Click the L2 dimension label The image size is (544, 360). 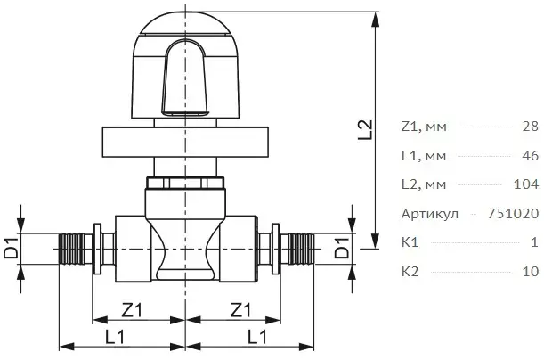pos(365,130)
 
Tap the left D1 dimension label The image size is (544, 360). pos(11,249)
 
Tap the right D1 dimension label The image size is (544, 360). pos(343,249)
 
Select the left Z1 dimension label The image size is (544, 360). pos(132,310)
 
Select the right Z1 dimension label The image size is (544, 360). pos(240,310)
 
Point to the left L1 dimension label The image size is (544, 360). pos(115,337)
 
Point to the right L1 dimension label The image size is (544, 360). pos(257,337)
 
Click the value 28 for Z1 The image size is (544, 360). pos(531,127)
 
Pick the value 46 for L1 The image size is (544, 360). pos(531,156)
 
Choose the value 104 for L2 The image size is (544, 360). pos(526,184)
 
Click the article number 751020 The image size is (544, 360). pos(514,213)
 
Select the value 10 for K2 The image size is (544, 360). pos(531,271)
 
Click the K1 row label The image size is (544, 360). pos(410,242)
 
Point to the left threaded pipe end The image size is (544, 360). pos(72,249)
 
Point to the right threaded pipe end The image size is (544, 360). pos(301,249)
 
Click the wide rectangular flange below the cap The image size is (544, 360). pos(185,142)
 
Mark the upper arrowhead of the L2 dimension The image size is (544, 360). pos(375,20)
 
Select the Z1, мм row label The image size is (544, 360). pos(424,127)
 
